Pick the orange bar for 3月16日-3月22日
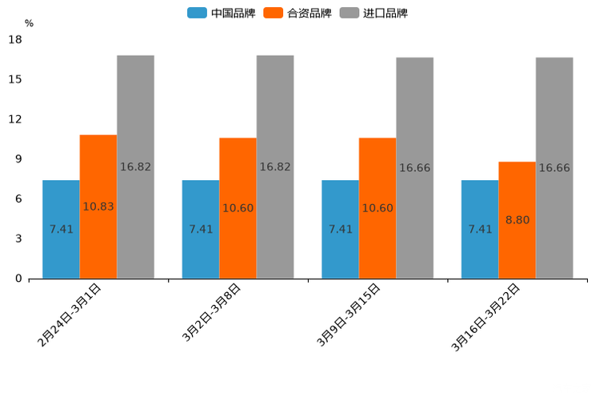click(517, 248)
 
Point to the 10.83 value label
click(98, 207)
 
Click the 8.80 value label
click(517, 219)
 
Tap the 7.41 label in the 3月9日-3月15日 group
click(341, 229)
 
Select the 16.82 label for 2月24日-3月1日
click(135, 167)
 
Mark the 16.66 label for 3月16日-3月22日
click(554, 168)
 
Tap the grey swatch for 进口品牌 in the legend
click(349, 13)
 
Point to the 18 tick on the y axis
click(15, 39)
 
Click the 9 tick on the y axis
click(18, 159)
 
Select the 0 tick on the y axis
click(18, 279)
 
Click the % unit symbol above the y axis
click(29, 23)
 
